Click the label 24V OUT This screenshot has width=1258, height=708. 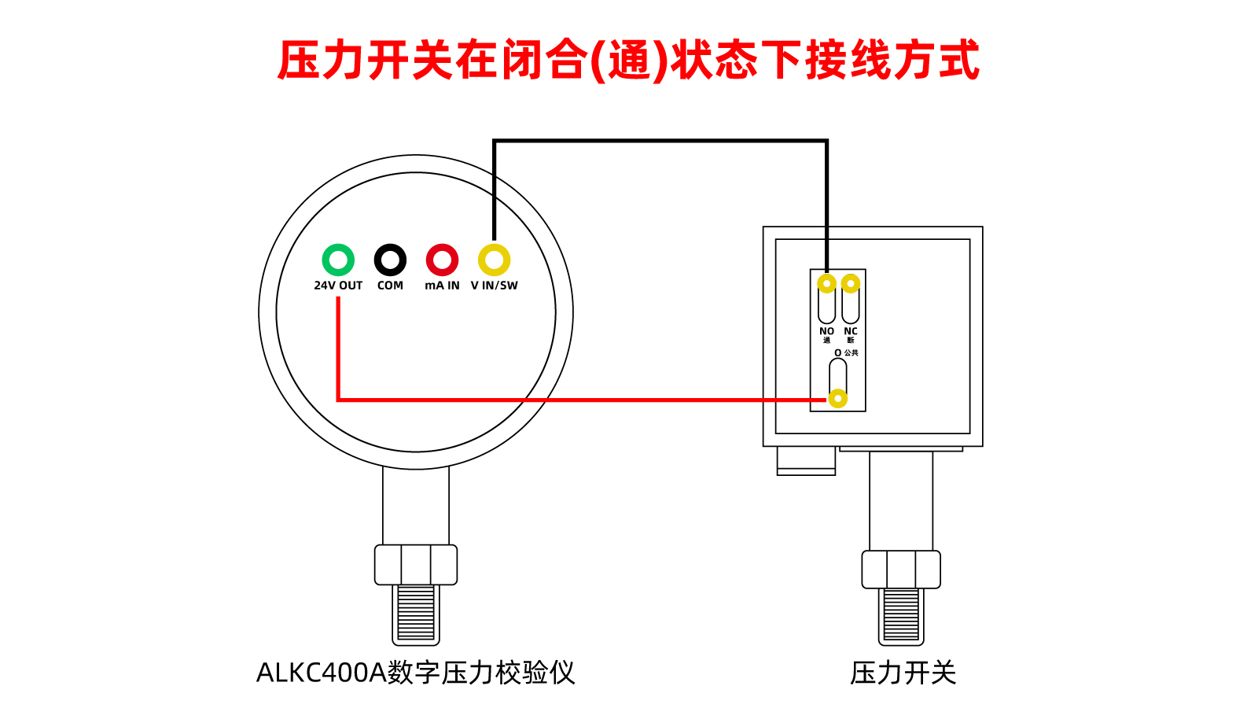click(338, 286)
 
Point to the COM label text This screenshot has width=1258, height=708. click(390, 286)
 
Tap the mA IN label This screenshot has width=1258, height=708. click(442, 286)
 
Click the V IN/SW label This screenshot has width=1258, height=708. click(495, 286)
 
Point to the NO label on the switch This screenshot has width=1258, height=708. click(826, 331)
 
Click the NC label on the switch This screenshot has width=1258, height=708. click(851, 331)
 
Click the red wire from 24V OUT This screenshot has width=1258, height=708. click(583, 400)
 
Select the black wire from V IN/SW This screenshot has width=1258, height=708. click(660, 141)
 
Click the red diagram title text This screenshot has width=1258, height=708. click(629, 60)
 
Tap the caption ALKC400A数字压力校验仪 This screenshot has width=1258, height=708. click(416, 673)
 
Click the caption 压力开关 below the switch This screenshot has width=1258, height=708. click(903, 673)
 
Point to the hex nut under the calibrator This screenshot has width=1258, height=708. click(416, 565)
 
